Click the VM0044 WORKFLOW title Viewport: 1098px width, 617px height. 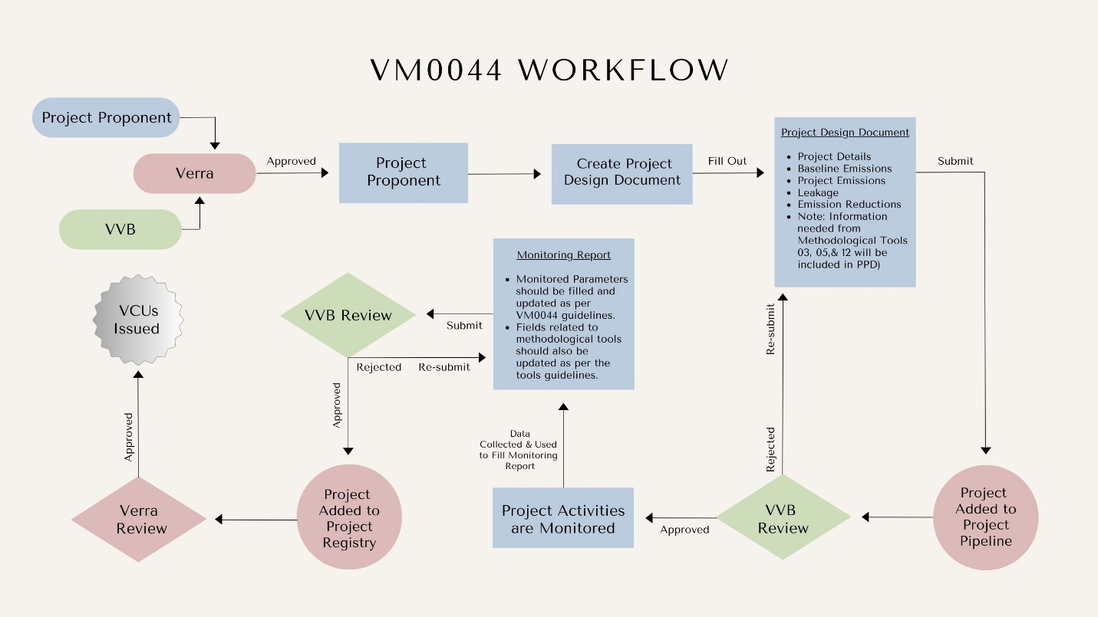[x=549, y=70]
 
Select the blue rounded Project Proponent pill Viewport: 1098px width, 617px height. [x=107, y=118]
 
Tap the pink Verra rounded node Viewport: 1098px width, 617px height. [x=194, y=173]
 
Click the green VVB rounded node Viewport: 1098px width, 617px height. [x=120, y=228]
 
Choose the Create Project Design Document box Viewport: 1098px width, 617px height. [x=622, y=172]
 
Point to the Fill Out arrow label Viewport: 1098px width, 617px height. [x=727, y=161]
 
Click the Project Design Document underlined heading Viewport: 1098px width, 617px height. [x=845, y=132]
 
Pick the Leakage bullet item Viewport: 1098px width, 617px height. [x=818, y=192]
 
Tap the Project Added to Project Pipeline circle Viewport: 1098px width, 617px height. [x=986, y=517]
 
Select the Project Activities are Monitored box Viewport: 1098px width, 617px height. [x=563, y=518]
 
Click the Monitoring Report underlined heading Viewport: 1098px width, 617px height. [x=563, y=254]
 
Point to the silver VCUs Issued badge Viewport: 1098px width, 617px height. [x=137, y=320]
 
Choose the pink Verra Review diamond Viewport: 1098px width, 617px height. [x=139, y=519]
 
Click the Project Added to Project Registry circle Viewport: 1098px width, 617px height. [x=349, y=518]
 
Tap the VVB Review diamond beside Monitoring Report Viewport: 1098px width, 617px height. [x=348, y=315]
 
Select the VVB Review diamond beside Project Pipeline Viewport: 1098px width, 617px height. [x=783, y=518]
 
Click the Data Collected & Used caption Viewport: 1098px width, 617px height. [x=519, y=450]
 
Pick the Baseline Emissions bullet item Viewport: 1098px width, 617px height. [x=844, y=169]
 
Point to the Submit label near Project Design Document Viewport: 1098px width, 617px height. [x=955, y=161]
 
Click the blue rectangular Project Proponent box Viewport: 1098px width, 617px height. [x=403, y=172]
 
